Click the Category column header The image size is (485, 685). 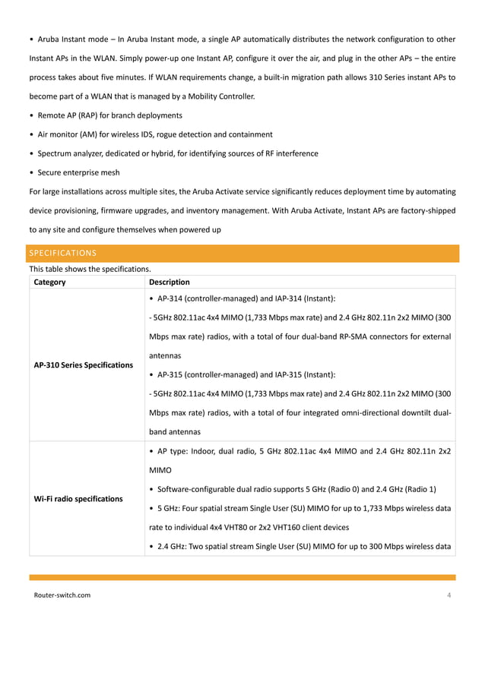49,282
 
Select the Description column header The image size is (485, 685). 170,282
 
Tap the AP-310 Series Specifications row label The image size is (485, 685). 84,365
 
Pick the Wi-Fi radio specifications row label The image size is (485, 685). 78,499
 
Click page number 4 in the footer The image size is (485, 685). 449,595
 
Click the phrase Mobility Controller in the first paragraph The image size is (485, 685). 223,96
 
